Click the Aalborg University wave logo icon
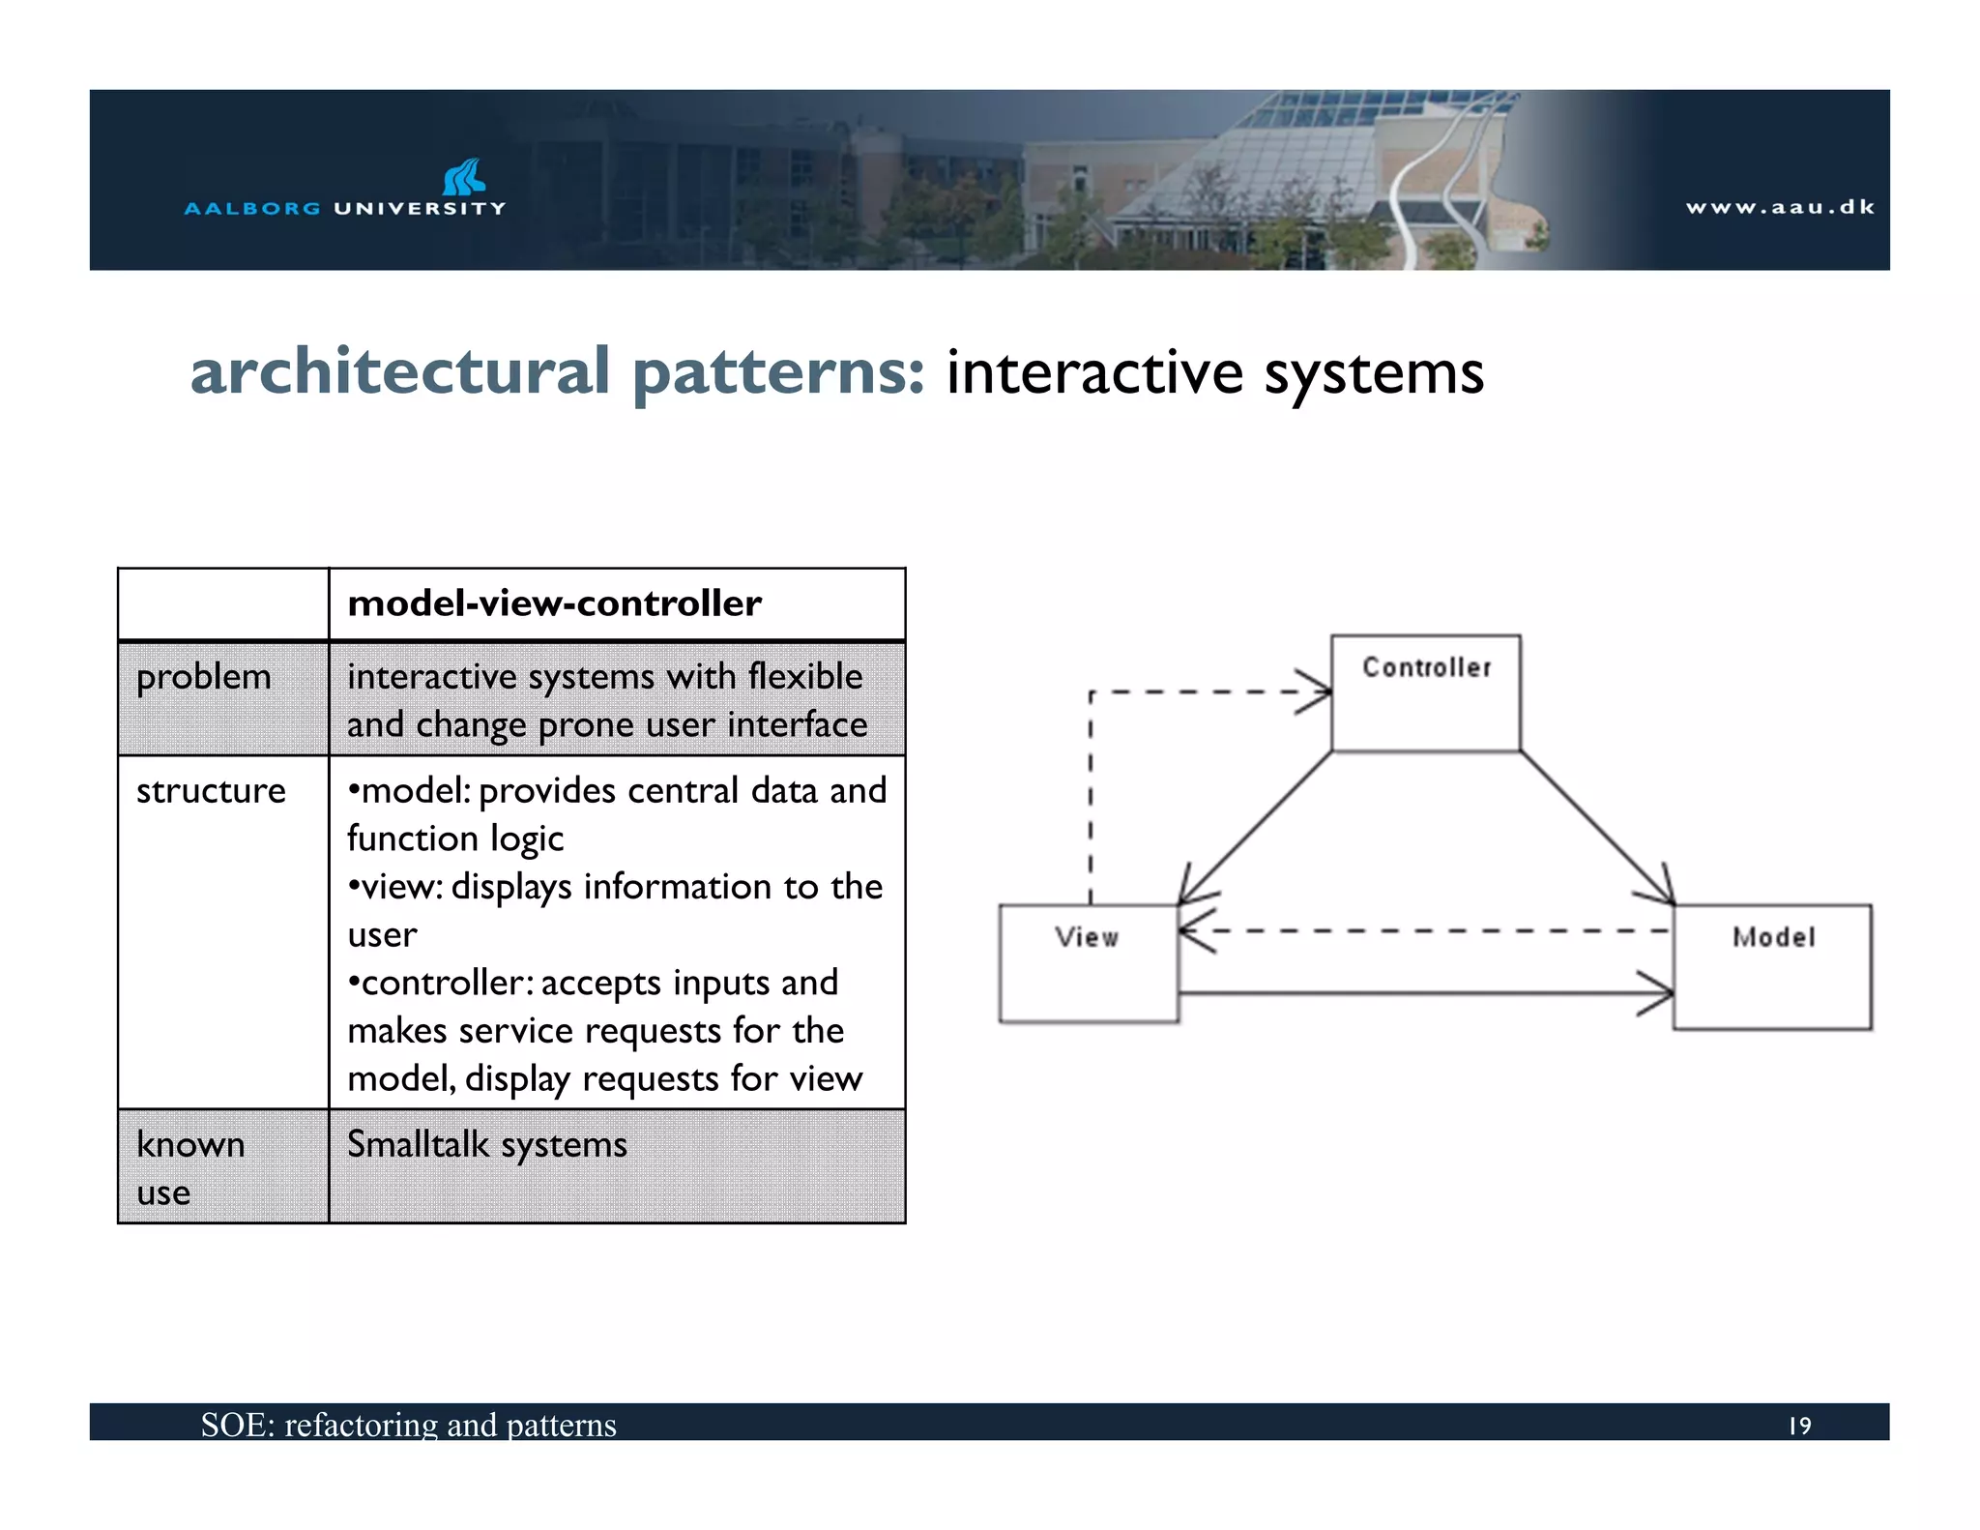(x=464, y=177)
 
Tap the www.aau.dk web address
(x=1780, y=207)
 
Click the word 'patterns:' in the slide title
(x=779, y=373)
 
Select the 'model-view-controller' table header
(x=555, y=603)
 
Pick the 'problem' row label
(x=204, y=676)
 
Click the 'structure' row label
(x=211, y=791)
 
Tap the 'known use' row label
(x=189, y=1167)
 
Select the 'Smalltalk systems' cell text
(x=487, y=1144)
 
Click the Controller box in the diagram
(x=1425, y=693)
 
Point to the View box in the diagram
(x=1088, y=963)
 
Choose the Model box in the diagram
(x=1772, y=966)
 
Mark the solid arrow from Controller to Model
(x=1595, y=827)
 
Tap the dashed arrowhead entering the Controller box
(x=1315, y=692)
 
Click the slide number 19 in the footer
(x=1799, y=1426)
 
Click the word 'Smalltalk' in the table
(x=418, y=1144)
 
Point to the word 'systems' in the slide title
(x=1374, y=373)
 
